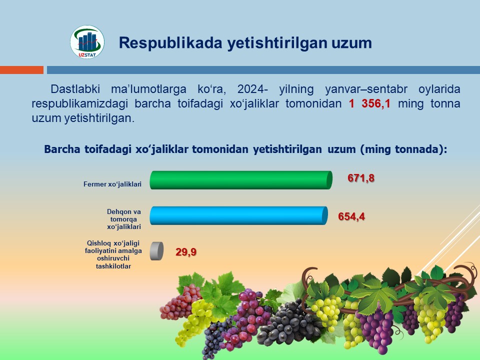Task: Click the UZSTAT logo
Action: (x=87, y=42)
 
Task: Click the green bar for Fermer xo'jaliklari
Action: (x=240, y=180)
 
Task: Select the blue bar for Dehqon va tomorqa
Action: (x=238, y=215)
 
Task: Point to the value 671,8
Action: (x=361, y=178)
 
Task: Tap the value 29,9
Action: (x=185, y=251)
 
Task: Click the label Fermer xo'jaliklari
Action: (x=112, y=184)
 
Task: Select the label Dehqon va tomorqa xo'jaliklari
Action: (x=124, y=219)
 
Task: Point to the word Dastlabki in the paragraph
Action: (x=74, y=90)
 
